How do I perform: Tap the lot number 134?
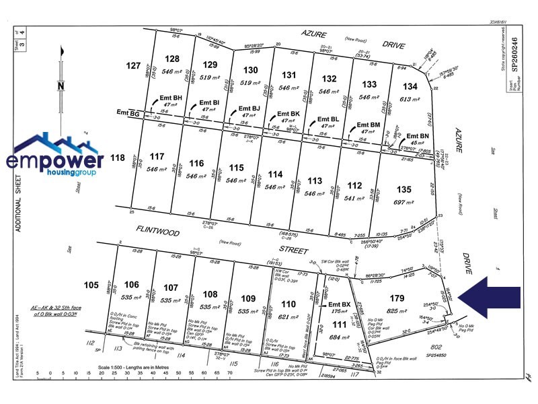click(410, 87)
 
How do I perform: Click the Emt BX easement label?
click(339, 304)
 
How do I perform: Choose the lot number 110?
click(289, 304)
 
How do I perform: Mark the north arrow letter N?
click(61, 86)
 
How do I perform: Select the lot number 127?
click(133, 65)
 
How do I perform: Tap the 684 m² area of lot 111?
click(334, 337)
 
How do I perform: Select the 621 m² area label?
click(289, 316)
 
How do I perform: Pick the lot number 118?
click(118, 158)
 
